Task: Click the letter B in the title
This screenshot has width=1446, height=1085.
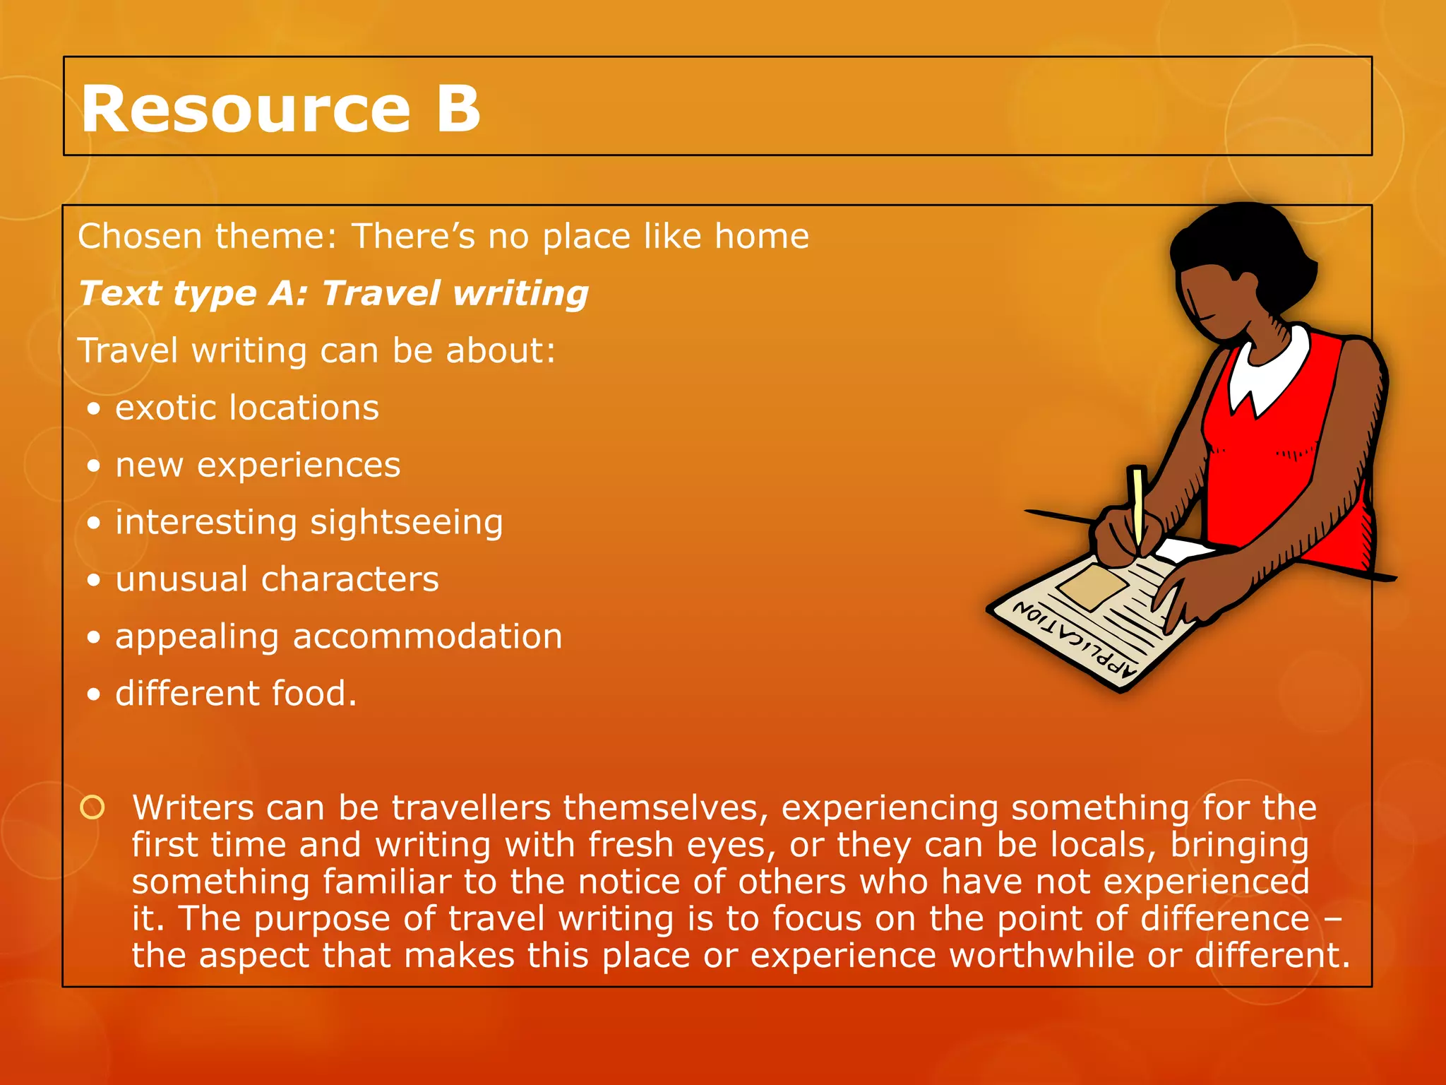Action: (x=458, y=109)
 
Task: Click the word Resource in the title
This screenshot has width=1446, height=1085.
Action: (x=245, y=109)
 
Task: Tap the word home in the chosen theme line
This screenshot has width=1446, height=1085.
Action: (x=761, y=236)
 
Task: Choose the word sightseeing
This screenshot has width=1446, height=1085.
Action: (x=406, y=523)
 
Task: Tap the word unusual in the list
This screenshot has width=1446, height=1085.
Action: (x=180, y=580)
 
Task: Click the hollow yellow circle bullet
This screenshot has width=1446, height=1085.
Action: (x=92, y=807)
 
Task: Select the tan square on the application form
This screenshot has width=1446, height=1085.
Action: (x=1092, y=586)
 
